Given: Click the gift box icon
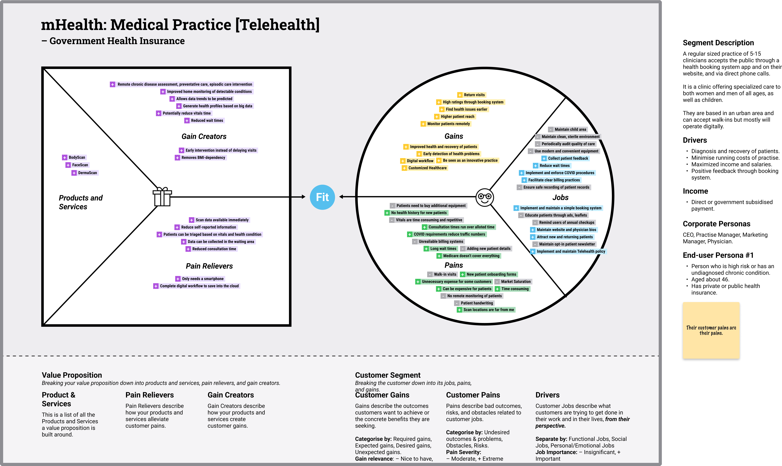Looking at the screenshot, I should [162, 197].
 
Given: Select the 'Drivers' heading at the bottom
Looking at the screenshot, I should [547, 395].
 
